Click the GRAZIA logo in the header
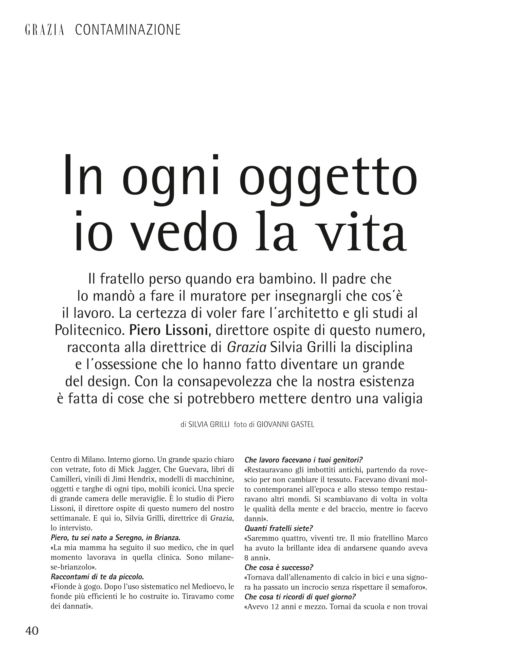tap(45, 30)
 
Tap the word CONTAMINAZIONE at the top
tap(128, 30)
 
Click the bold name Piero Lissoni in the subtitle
tap(168, 330)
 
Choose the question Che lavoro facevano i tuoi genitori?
tap(303, 460)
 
